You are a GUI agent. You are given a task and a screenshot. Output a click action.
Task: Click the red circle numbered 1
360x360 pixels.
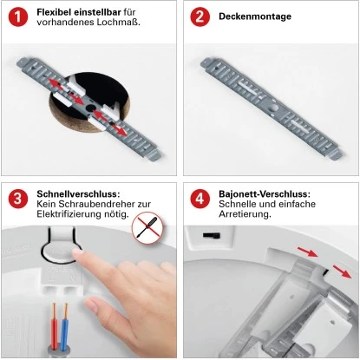point(18,17)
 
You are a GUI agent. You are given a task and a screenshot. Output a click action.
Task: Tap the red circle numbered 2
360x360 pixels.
point(200,17)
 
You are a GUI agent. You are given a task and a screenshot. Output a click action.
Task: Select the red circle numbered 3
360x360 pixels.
point(18,199)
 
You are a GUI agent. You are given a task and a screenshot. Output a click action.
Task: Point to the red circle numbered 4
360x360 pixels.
point(200,199)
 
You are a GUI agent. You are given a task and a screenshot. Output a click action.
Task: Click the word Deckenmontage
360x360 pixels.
point(255,16)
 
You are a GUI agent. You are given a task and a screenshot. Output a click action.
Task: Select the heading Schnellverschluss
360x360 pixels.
point(78,193)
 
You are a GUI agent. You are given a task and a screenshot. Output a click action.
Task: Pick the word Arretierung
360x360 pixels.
point(245,214)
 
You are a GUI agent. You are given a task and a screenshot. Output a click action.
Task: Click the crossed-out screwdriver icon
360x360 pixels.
point(147,228)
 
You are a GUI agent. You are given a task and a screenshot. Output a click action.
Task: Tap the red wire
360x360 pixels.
point(54,326)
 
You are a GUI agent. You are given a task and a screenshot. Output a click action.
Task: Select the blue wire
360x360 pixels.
point(65,326)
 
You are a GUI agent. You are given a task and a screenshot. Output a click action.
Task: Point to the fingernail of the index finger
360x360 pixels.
point(77,253)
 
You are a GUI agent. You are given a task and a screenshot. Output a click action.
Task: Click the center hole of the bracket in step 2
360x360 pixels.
point(273,108)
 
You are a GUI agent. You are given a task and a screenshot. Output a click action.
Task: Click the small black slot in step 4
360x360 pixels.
point(212,235)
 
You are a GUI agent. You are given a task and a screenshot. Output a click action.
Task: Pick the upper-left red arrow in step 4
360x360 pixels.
point(307,252)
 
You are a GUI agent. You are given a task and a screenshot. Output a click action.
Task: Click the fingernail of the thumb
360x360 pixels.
point(91,304)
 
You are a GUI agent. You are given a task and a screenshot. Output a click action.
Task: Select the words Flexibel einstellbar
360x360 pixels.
point(79,12)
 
